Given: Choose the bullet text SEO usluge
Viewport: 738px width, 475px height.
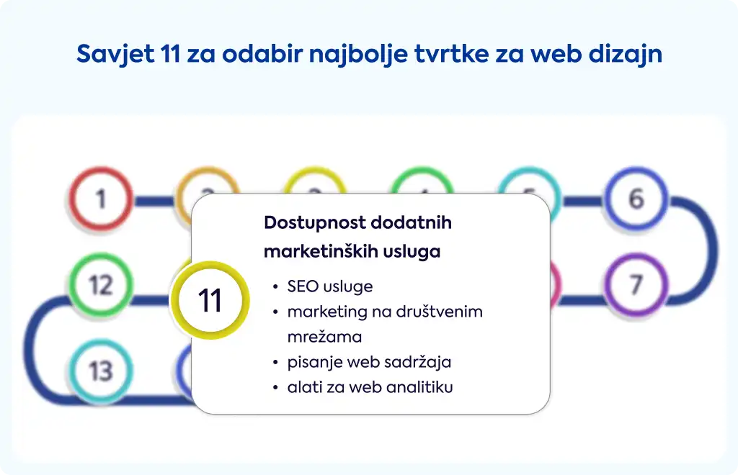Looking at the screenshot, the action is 330,286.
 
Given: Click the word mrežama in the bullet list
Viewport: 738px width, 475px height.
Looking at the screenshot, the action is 325,337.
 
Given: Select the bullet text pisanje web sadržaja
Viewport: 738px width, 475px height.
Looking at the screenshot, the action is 370,362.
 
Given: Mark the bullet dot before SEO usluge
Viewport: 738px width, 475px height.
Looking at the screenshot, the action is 275,286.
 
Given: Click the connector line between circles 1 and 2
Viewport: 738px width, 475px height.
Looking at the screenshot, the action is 154,201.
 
